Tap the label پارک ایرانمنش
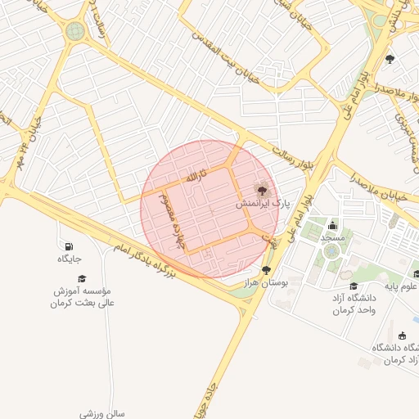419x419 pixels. pos(263,202)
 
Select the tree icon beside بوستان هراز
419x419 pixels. pos(266,270)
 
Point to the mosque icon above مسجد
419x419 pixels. pos(331,226)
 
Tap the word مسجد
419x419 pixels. pos(331,237)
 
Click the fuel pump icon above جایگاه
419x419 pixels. pos(68,246)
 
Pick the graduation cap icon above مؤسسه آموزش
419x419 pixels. pos(82,279)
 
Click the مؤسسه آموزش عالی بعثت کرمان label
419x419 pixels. pos(83,297)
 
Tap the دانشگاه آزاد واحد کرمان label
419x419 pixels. pos(355,304)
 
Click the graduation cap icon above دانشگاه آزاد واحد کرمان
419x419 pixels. pos(354,286)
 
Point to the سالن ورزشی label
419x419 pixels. pos(102,413)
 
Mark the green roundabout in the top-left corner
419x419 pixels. pos(75,32)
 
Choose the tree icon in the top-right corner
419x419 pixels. pos(390,59)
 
